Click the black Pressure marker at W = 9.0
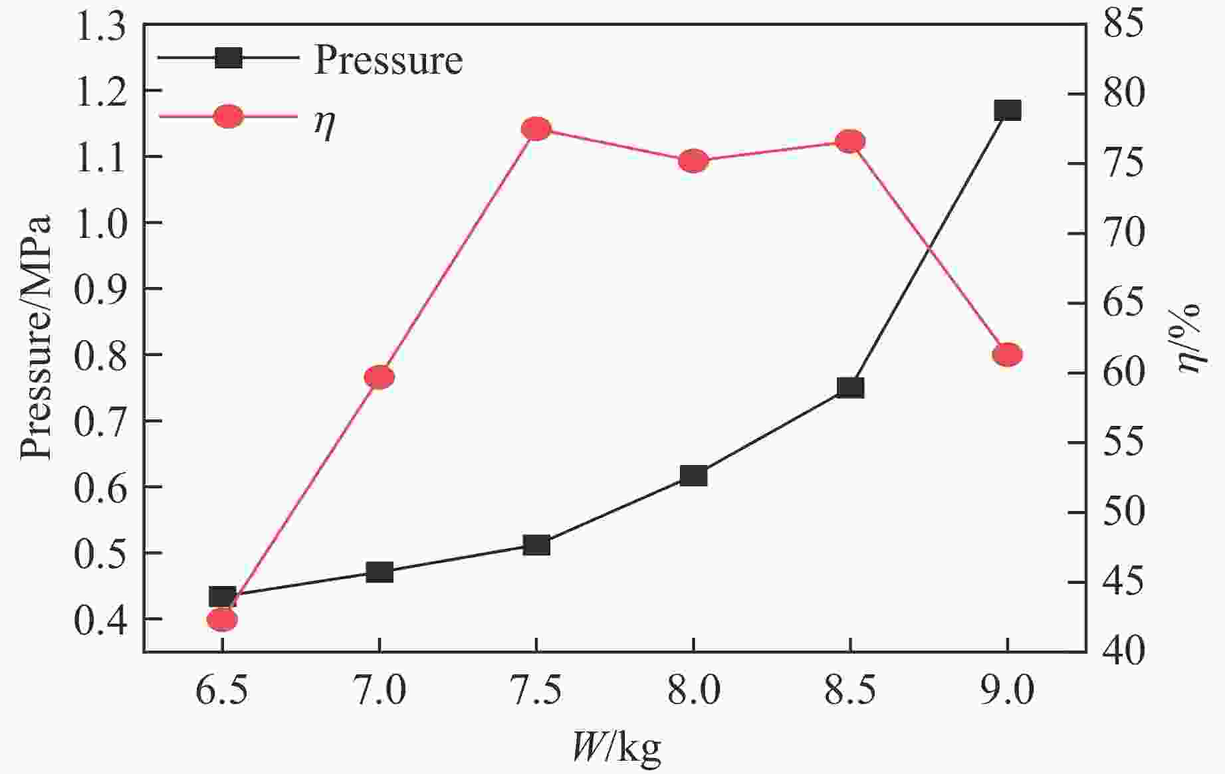(x=1007, y=110)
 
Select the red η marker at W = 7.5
(x=536, y=129)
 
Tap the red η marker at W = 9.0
(x=1007, y=355)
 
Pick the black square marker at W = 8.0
(x=693, y=476)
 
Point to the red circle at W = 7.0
(x=379, y=377)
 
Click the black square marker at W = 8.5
(x=850, y=387)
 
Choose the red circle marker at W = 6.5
(x=222, y=620)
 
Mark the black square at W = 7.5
(x=536, y=545)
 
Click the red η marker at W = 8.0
(x=693, y=161)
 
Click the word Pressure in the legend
(x=388, y=60)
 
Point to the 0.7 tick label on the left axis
(x=100, y=421)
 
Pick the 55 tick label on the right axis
(x=1123, y=442)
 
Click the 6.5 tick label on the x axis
(x=222, y=691)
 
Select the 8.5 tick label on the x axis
(x=850, y=691)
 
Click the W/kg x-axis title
(x=616, y=748)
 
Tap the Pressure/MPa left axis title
(x=36, y=338)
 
